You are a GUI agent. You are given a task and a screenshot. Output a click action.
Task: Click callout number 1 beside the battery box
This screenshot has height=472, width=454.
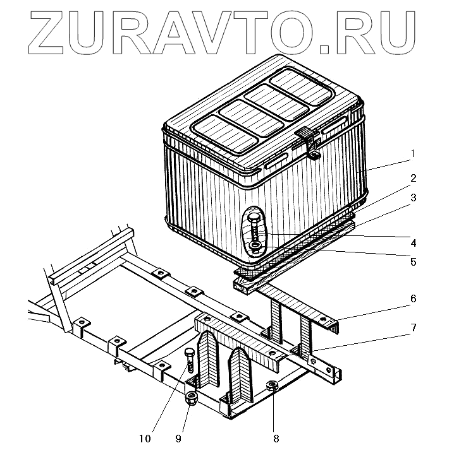(412, 153)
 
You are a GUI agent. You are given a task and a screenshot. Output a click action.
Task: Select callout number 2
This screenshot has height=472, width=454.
(412, 178)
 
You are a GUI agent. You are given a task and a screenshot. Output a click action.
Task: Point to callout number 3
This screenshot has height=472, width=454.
(412, 198)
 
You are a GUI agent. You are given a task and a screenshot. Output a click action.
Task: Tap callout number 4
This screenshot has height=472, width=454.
(412, 242)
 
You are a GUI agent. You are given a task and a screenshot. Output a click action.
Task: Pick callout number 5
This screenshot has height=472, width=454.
(412, 261)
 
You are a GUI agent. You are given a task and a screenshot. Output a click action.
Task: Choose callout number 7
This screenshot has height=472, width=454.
(412, 328)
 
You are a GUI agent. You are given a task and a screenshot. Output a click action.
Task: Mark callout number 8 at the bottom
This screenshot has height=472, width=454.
(274, 436)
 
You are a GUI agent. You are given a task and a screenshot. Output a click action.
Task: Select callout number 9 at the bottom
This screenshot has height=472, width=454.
(178, 437)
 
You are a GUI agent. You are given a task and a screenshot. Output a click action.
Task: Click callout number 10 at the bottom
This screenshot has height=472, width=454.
(145, 437)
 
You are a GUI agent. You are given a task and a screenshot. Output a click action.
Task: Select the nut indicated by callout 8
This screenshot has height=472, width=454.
(273, 387)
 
